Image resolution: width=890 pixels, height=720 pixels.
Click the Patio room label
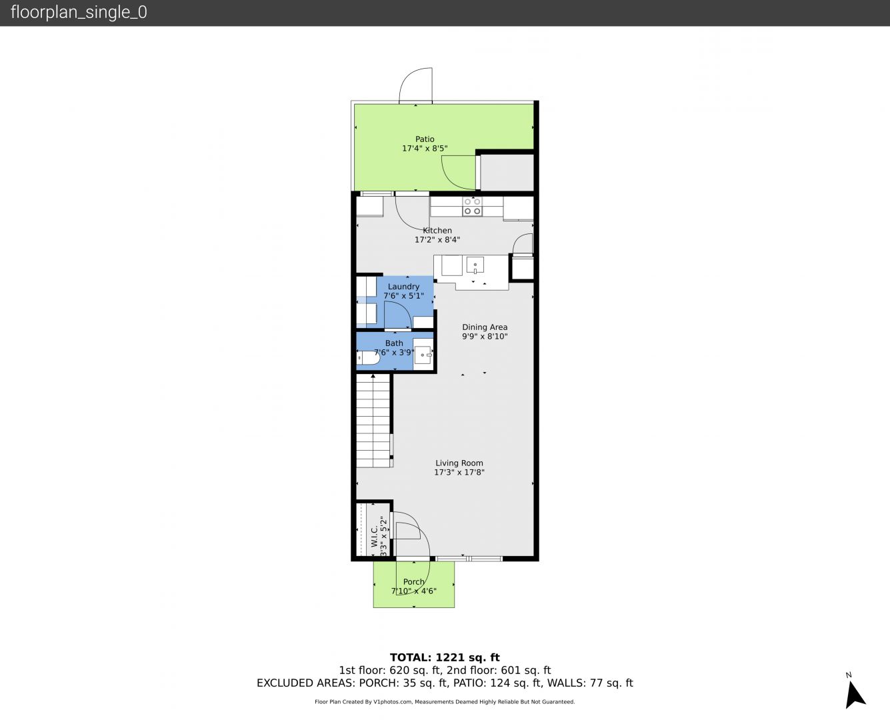click(x=425, y=139)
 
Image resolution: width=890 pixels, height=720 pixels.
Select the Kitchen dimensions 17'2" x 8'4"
click(x=437, y=240)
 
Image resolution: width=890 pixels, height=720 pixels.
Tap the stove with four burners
click(x=472, y=207)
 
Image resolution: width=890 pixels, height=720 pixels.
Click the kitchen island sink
click(x=475, y=266)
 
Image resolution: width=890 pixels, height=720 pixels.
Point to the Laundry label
click(x=403, y=287)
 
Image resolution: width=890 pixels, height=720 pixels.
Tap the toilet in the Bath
click(x=368, y=358)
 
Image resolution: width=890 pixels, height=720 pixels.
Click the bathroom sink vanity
click(x=423, y=355)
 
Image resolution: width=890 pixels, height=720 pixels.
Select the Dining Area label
click(x=485, y=327)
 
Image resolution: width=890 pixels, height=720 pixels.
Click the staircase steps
click(x=373, y=421)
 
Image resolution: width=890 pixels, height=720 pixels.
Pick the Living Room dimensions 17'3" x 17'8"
click(x=459, y=473)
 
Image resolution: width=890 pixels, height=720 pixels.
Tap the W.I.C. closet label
click(x=375, y=536)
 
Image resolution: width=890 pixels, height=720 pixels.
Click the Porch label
click(x=413, y=582)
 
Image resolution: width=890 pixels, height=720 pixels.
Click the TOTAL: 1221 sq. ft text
click(x=445, y=658)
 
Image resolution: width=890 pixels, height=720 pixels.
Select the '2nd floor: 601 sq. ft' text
click(x=499, y=670)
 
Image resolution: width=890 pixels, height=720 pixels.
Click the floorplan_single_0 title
click(x=79, y=13)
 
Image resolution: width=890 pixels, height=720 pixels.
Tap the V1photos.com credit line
click(x=445, y=701)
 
